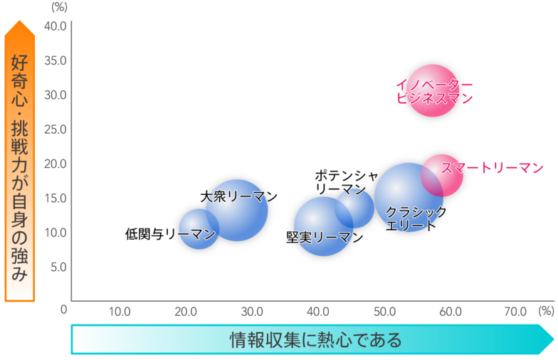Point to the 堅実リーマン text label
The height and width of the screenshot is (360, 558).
(x=324, y=238)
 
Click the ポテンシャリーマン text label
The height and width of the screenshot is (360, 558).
(x=347, y=182)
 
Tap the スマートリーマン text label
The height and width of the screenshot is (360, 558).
(x=492, y=169)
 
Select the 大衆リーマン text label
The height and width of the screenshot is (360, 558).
(x=238, y=196)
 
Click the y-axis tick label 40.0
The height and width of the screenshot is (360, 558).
(x=56, y=26)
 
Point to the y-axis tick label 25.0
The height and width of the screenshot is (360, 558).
(x=56, y=129)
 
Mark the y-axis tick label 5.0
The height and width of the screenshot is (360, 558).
(x=58, y=267)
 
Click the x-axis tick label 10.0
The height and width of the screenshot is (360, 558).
(x=119, y=311)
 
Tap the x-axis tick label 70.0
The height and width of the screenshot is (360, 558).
(x=515, y=311)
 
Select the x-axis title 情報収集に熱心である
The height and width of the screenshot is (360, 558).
(x=315, y=339)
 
